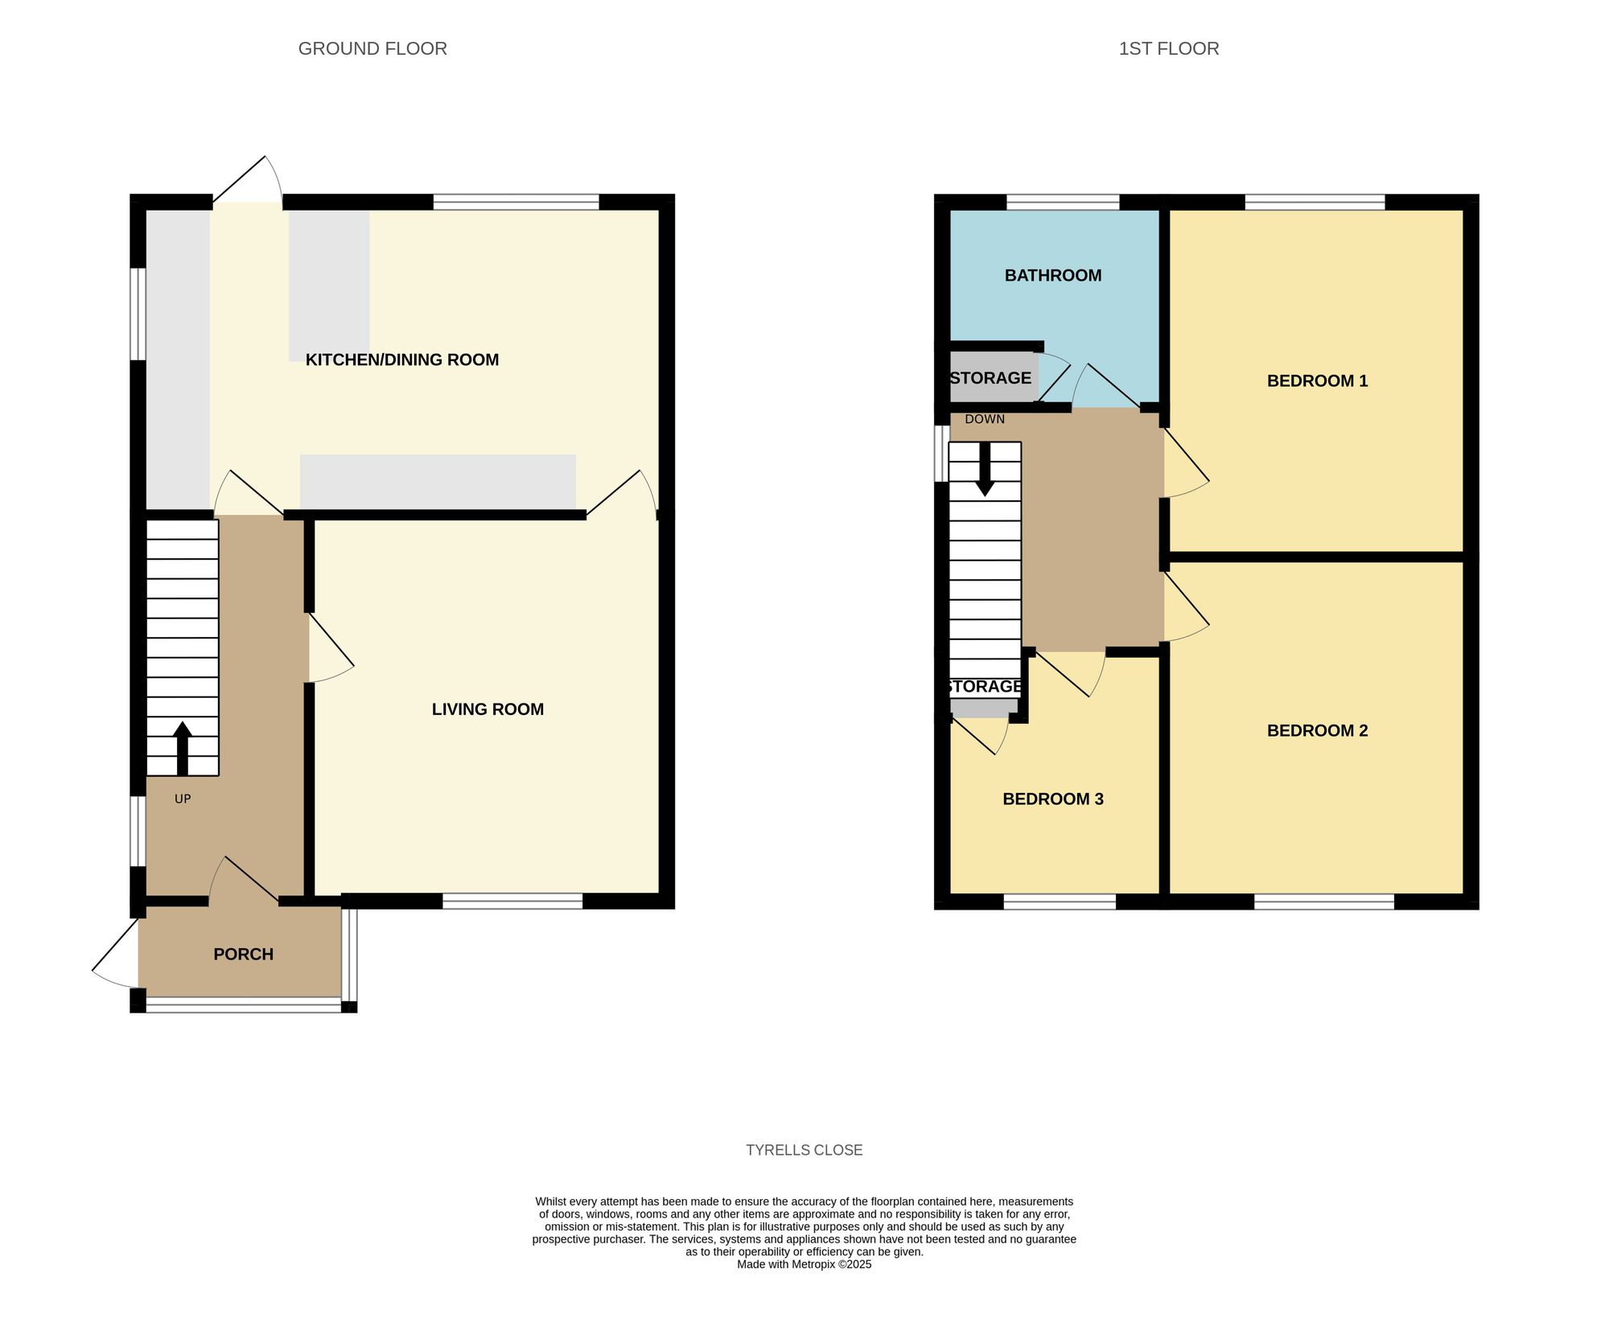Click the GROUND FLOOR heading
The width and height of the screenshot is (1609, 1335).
coord(372,48)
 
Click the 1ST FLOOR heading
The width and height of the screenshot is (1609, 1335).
coord(1168,48)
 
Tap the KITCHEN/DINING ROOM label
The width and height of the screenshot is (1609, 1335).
coord(402,359)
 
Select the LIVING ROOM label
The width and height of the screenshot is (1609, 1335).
coord(488,709)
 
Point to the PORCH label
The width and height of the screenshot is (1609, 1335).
coord(243,954)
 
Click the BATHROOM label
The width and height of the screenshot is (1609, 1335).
coord(1052,275)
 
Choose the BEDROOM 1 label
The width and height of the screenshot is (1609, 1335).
coord(1317,380)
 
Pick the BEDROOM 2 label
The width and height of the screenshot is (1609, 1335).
coord(1317,730)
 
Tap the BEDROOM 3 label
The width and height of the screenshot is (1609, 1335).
coord(1052,799)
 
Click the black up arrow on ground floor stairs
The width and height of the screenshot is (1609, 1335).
coord(183,748)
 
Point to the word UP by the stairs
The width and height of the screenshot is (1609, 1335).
coord(183,799)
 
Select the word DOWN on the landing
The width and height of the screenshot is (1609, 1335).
coord(985,419)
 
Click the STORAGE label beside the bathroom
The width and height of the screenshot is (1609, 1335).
coord(990,378)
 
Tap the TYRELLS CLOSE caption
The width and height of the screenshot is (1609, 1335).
coord(804,1150)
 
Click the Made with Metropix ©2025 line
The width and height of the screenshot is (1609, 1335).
coord(804,1264)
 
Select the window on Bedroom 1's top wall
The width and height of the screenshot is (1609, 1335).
coord(1315,202)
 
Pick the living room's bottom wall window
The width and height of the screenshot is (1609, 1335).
coord(512,902)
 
